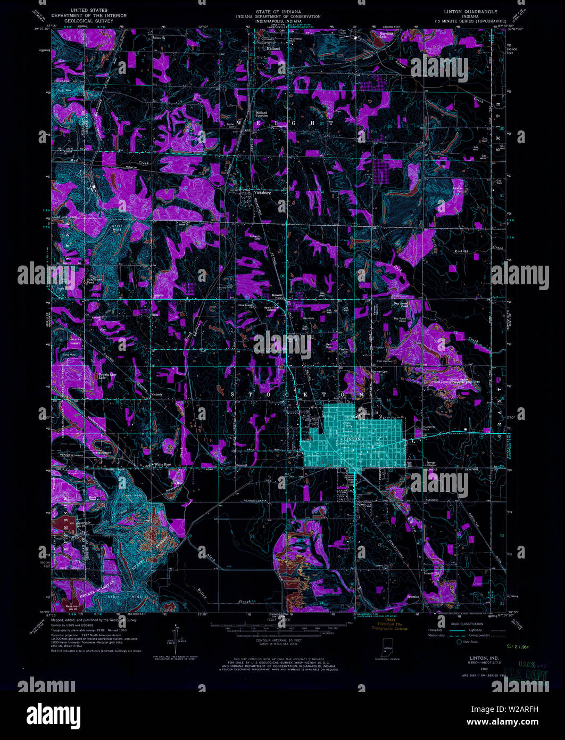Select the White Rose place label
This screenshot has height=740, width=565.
162,465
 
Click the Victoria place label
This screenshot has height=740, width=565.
156,394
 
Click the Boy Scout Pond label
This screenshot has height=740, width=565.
401,306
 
